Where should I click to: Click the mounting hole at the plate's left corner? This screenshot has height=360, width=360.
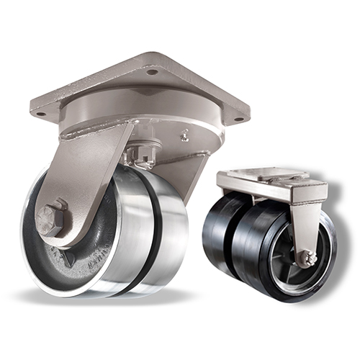coord(41,113)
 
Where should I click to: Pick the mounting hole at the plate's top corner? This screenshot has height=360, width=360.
coord(151,71)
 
